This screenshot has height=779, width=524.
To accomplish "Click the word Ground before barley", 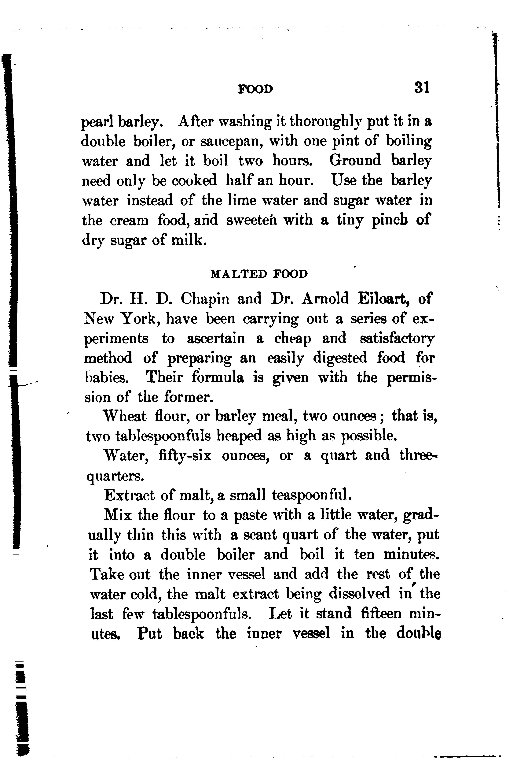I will [355, 161].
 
